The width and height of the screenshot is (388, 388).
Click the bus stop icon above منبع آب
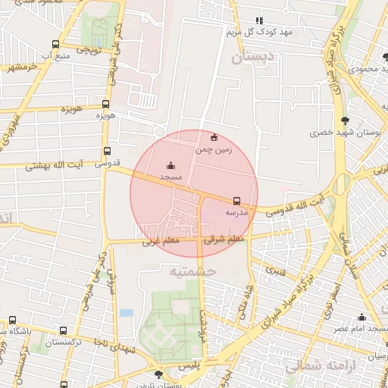(x=55, y=45)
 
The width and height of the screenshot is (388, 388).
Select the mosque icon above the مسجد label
(x=171, y=165)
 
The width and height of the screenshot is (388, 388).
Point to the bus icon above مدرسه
(x=237, y=201)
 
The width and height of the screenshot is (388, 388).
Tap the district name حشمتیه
(x=193, y=271)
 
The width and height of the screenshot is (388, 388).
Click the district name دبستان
(x=249, y=57)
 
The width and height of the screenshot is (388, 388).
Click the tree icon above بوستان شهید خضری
(x=346, y=120)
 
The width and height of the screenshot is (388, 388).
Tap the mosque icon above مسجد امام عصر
(x=361, y=317)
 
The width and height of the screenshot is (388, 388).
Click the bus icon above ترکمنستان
(x=62, y=330)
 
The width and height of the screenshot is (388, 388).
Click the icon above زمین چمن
(x=214, y=138)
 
